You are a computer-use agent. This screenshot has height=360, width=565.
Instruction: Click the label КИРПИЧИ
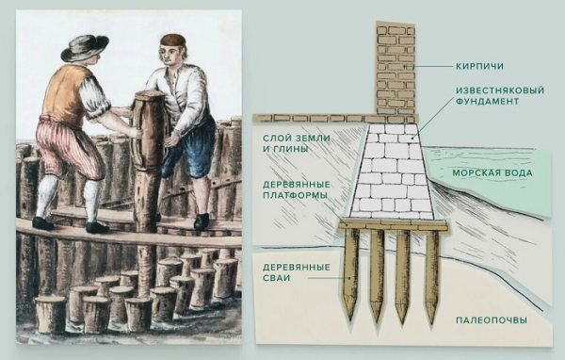pyautogui.click(x=479, y=66)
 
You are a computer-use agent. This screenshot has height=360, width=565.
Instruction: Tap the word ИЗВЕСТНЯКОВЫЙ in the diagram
pyautogui.click(x=500, y=90)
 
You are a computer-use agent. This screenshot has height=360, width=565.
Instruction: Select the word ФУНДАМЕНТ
pyautogui.click(x=488, y=102)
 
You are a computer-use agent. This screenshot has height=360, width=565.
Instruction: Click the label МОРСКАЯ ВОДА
pyautogui.click(x=492, y=172)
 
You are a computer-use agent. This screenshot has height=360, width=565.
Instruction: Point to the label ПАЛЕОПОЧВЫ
pyautogui.click(x=492, y=320)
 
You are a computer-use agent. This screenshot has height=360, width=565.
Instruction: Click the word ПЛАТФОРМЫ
pyautogui.click(x=295, y=195)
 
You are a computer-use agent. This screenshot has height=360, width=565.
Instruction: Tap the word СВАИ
pyautogui.click(x=276, y=278)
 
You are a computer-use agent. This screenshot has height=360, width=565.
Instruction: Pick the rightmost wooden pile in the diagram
pyautogui.click(x=432, y=277)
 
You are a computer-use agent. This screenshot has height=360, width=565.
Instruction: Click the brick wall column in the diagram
pyautogui.click(x=395, y=69)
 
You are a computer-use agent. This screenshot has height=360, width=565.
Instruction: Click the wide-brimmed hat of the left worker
pyautogui.click(x=85, y=46)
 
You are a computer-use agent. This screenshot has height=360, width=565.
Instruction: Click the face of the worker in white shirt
pyautogui.click(x=170, y=54)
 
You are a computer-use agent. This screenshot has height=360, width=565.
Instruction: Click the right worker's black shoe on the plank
pyautogui.click(x=202, y=221)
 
